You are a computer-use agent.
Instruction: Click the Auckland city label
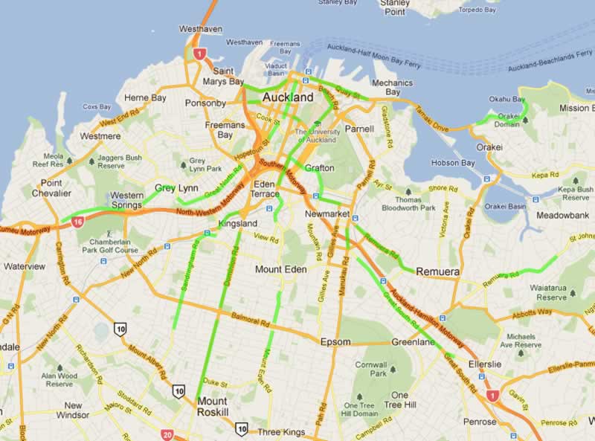[288, 97]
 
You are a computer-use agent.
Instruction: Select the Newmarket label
[328, 214]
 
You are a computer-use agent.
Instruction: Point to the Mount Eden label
[280, 269]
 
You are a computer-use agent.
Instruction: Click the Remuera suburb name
[437, 272]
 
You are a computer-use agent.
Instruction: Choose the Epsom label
[335, 342]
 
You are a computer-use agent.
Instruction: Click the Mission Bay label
[576, 108]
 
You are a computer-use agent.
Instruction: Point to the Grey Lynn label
[176, 188]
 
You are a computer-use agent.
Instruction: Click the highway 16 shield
[78, 221]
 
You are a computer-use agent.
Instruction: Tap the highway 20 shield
[168, 435]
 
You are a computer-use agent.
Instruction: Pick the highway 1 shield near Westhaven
[199, 54]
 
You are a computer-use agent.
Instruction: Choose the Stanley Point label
[394, 7]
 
